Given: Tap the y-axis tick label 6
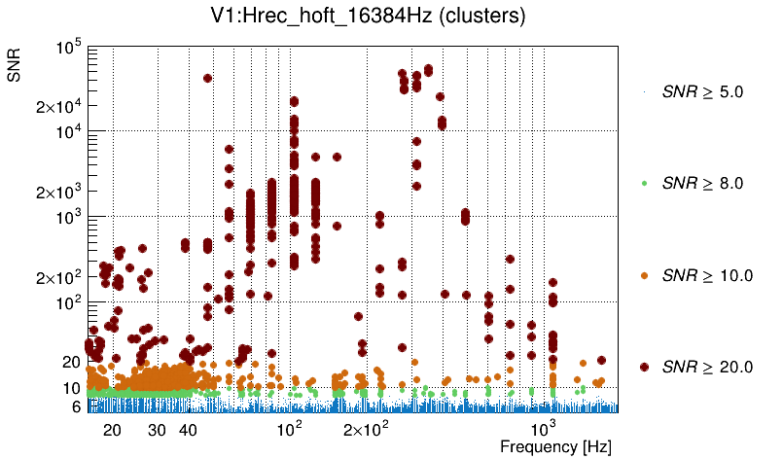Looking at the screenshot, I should [74, 406].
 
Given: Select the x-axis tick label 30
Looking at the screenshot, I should [157, 430].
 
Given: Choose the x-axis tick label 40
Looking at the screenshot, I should [189, 430].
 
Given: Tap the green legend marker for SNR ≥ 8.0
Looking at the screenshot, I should [645, 184].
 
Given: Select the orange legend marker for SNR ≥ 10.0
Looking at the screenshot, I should [645, 275].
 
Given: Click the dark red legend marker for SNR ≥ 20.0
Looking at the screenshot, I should [645, 367].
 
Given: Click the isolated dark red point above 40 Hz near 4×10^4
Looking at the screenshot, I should [207, 78].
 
